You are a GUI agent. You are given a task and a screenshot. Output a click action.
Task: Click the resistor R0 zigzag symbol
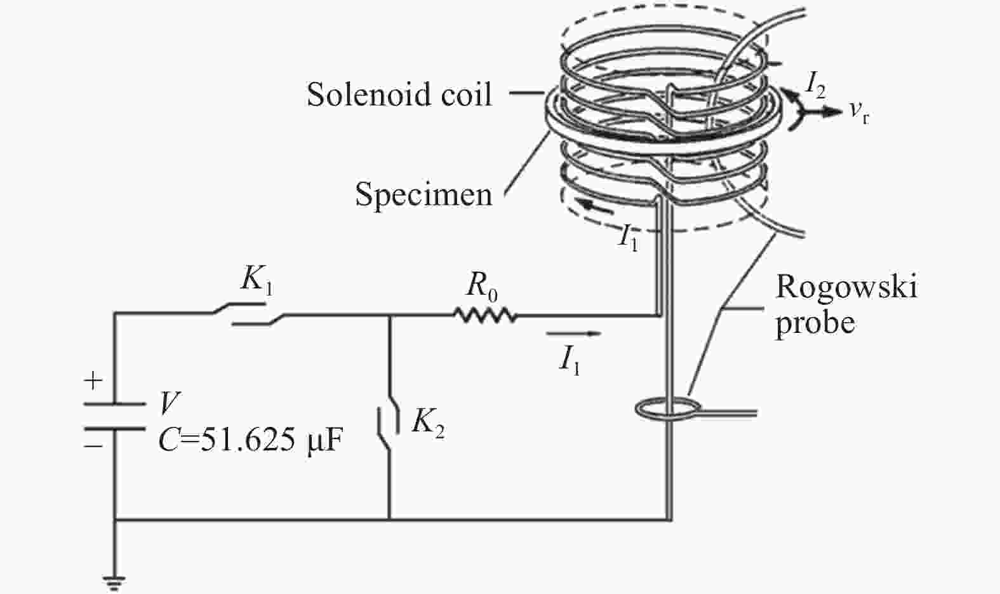pos(485,315)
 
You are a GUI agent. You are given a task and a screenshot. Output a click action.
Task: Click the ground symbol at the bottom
pos(114,583)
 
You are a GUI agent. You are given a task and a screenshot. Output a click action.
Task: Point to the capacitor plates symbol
pos(114,416)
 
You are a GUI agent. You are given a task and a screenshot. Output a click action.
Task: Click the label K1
pos(257,280)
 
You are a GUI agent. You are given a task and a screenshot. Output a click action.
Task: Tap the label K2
pos(428,422)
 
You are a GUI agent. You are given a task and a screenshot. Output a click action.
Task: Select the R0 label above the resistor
pos(482,287)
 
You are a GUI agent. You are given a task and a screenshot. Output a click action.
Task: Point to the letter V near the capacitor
pos(170,403)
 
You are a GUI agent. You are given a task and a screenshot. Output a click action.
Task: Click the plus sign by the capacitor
pos(93,381)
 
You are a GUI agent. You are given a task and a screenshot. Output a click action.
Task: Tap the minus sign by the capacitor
pos(93,446)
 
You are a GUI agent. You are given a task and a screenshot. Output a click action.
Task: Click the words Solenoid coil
pos(399,94)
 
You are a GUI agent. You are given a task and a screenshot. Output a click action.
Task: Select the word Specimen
pos(423,195)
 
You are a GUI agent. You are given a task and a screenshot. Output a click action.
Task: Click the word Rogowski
pos(846,287)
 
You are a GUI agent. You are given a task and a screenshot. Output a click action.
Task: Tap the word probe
pos(815,323)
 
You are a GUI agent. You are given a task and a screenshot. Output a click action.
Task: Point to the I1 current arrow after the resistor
pos(573,333)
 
